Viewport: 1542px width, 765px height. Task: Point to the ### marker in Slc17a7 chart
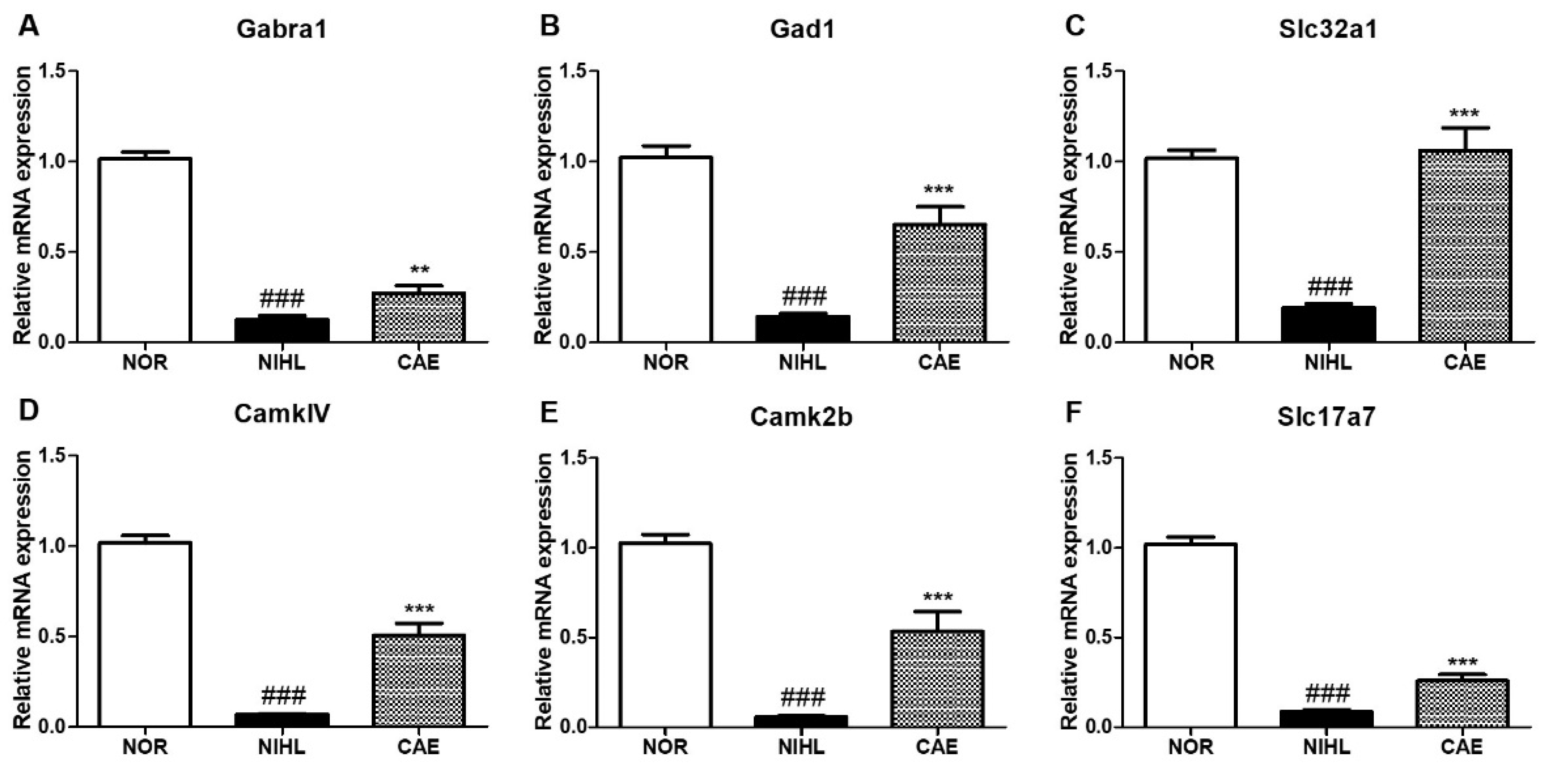(1327, 694)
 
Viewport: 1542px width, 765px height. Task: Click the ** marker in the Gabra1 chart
(419, 270)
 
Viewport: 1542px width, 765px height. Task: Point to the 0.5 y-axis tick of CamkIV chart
(54, 636)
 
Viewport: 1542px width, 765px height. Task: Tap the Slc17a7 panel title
(1326, 417)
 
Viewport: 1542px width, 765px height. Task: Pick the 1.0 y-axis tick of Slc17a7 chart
(1097, 547)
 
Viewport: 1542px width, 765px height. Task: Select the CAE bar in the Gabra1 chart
(419, 317)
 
